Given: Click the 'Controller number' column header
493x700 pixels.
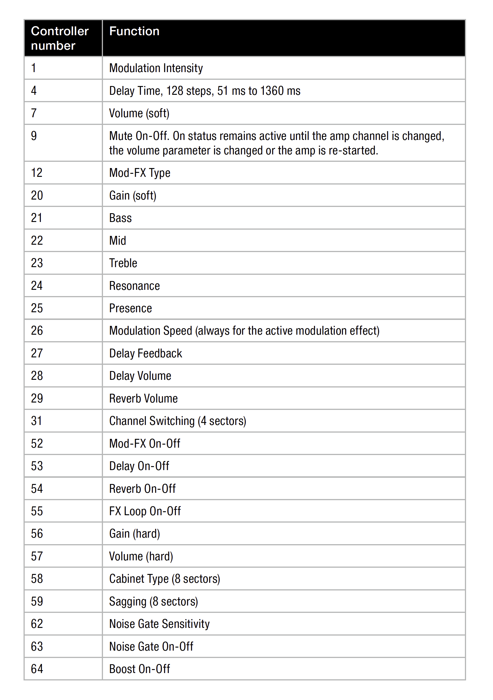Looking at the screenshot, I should pos(60,38).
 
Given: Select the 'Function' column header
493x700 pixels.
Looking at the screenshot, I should pos(134,32).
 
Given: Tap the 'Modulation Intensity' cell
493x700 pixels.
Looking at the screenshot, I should pos(156,68).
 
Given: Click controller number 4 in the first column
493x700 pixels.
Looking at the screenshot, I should pos(34,91).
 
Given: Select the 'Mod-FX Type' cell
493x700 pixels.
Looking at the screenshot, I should pos(140,173).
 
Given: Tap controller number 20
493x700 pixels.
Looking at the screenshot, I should pos(37,195).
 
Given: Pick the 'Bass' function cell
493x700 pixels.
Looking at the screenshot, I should pos(120,218).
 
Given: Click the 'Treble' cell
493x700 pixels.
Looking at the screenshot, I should pos(123,263).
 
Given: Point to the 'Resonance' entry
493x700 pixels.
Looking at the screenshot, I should pos(134,286).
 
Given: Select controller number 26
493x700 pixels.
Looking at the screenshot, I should pos(37,331).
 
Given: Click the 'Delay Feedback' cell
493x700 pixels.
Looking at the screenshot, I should pos(145,353).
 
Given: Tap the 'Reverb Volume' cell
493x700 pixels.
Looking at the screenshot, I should pos(143,399).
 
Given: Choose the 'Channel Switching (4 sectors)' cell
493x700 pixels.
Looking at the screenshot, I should pos(177,421).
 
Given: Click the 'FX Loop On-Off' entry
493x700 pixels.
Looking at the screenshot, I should pos(145,511).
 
